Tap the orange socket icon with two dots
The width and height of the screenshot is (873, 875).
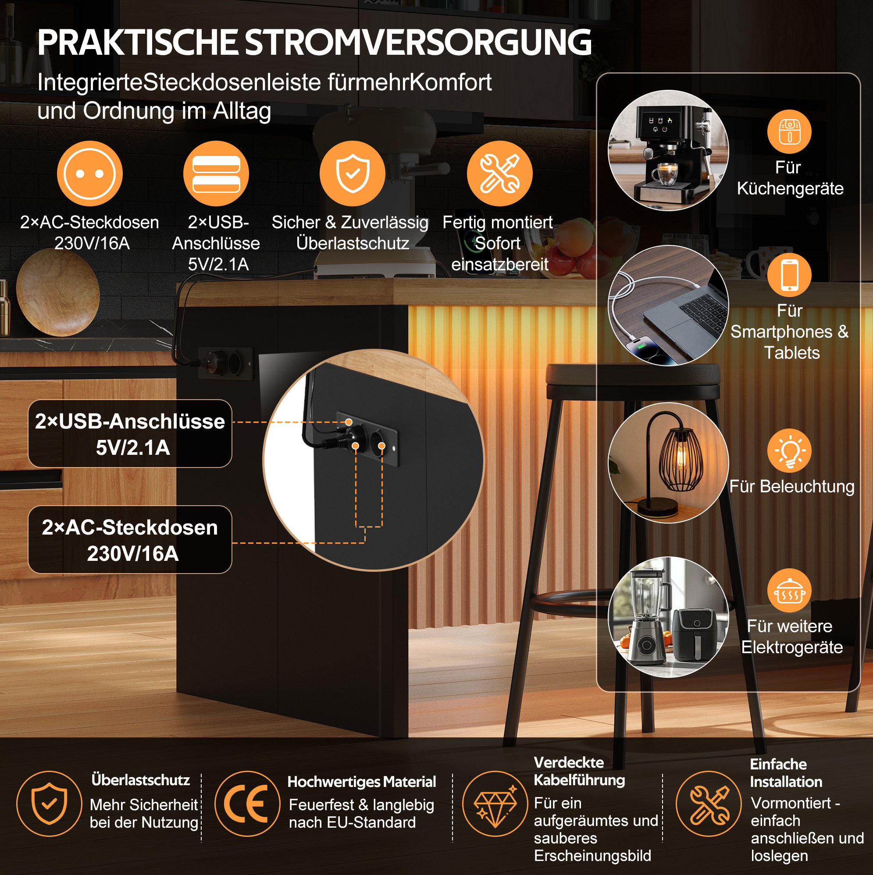(90, 174)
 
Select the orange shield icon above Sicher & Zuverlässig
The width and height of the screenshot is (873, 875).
(352, 174)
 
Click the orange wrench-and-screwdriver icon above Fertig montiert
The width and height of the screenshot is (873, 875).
(499, 174)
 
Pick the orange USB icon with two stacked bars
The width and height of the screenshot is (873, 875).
(216, 174)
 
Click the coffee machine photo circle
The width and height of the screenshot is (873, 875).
(668, 150)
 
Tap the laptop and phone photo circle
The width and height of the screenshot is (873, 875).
(668, 306)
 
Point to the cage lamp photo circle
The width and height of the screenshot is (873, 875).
(668, 462)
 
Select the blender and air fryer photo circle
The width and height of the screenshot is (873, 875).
(668, 617)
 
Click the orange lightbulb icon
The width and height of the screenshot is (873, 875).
(790, 450)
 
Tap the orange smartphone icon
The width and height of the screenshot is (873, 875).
(790, 275)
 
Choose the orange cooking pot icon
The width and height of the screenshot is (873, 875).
(790, 591)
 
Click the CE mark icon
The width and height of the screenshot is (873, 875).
(247, 804)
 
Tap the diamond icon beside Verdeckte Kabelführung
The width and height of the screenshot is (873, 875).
(495, 804)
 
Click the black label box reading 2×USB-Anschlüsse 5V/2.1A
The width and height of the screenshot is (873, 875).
(130, 433)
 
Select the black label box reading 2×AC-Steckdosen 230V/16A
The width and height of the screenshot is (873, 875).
(130, 539)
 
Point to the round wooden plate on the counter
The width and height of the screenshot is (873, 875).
(57, 292)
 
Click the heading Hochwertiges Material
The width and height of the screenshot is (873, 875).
(362, 782)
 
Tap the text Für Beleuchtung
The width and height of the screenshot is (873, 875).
(792, 486)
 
